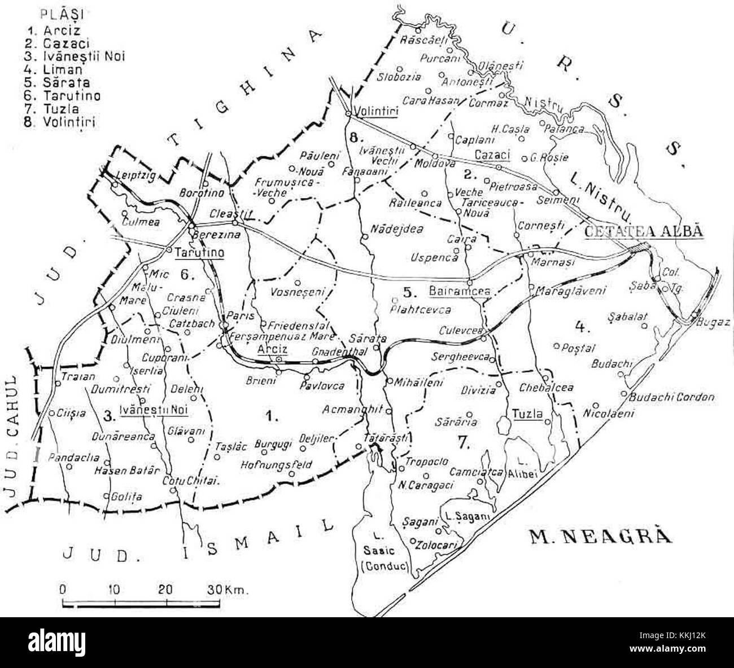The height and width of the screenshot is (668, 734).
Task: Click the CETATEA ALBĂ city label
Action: pyautogui.click(x=644, y=232)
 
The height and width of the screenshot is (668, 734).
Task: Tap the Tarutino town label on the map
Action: pyautogui.click(x=200, y=253)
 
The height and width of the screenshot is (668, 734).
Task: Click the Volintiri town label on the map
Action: pyautogui.click(x=377, y=112)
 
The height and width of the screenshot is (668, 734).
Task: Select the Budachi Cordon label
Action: pyautogui.click(x=672, y=397)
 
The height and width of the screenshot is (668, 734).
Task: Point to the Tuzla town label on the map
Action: pyautogui.click(x=527, y=415)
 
